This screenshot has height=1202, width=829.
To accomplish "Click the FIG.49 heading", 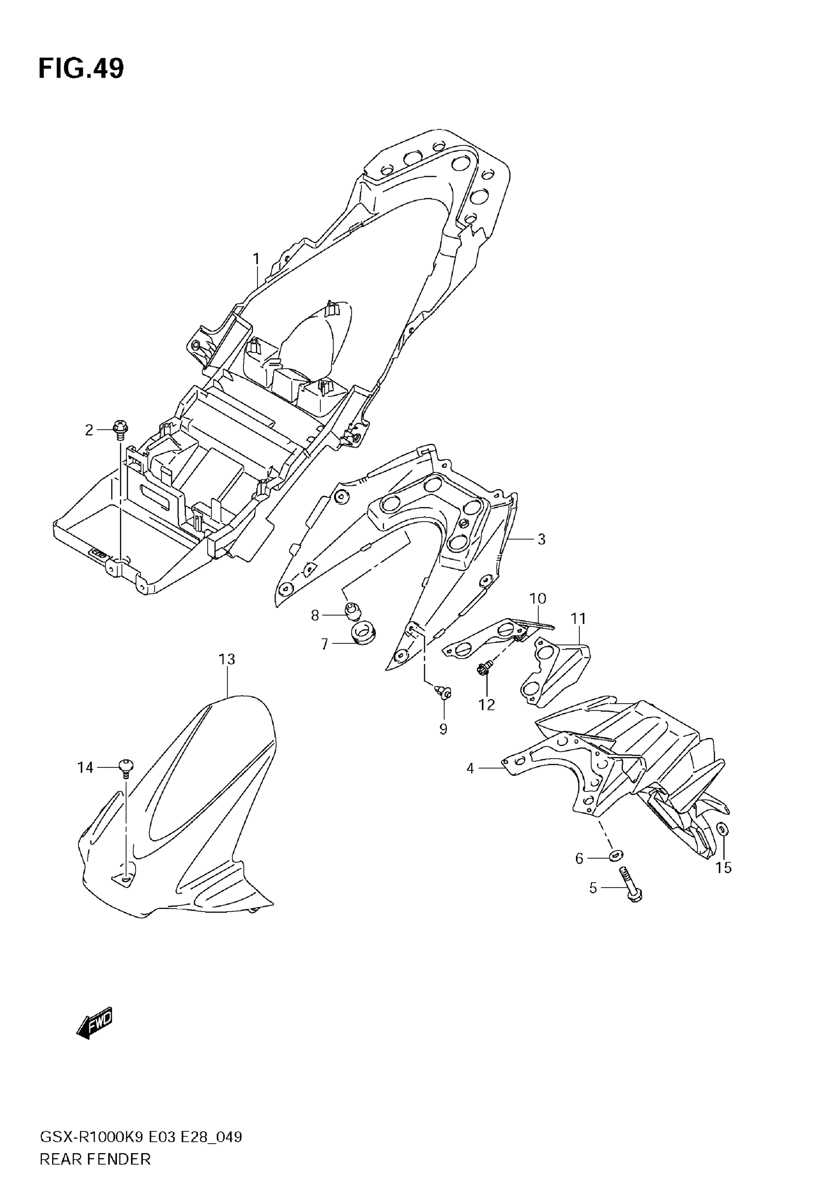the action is pyautogui.click(x=81, y=69).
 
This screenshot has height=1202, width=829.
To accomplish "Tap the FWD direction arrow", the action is pyautogui.click(x=94, y=1025).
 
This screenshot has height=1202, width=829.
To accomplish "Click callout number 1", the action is pyautogui.click(x=256, y=258).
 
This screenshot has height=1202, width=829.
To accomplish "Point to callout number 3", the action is pyautogui.click(x=541, y=539).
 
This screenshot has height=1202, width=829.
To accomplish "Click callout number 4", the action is pyautogui.click(x=470, y=768).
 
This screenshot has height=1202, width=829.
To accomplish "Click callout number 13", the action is pyautogui.click(x=227, y=659).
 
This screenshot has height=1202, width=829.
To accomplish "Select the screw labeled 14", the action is pyautogui.click(x=126, y=766).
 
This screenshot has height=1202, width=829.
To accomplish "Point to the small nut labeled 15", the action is pyautogui.click(x=722, y=829).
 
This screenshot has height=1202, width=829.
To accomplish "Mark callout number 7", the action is pyautogui.click(x=325, y=644).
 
